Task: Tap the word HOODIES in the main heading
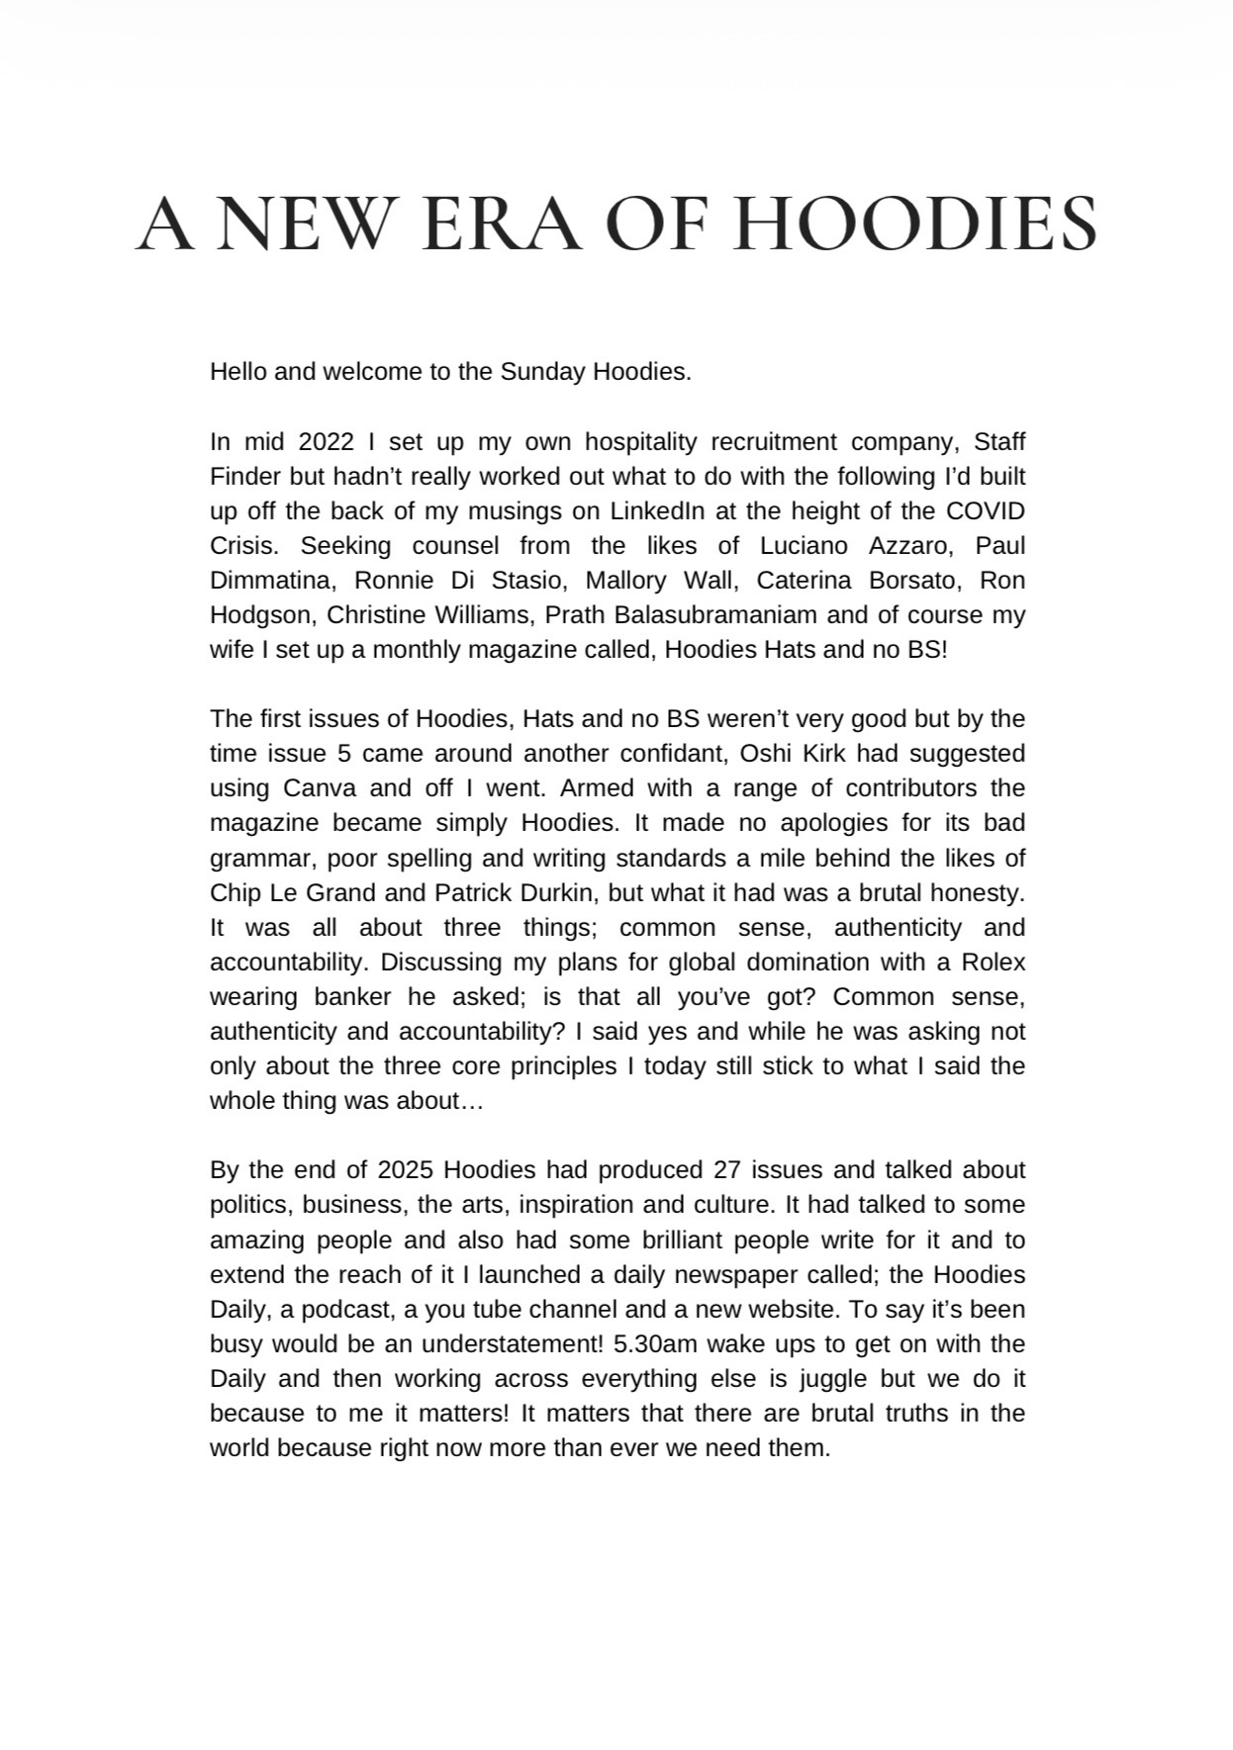click(x=917, y=224)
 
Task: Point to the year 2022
click(x=326, y=441)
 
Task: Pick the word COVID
click(x=985, y=510)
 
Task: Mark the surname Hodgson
click(x=260, y=614)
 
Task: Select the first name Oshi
click(x=764, y=753)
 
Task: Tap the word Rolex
click(x=993, y=962)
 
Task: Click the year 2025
click(x=406, y=1170)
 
